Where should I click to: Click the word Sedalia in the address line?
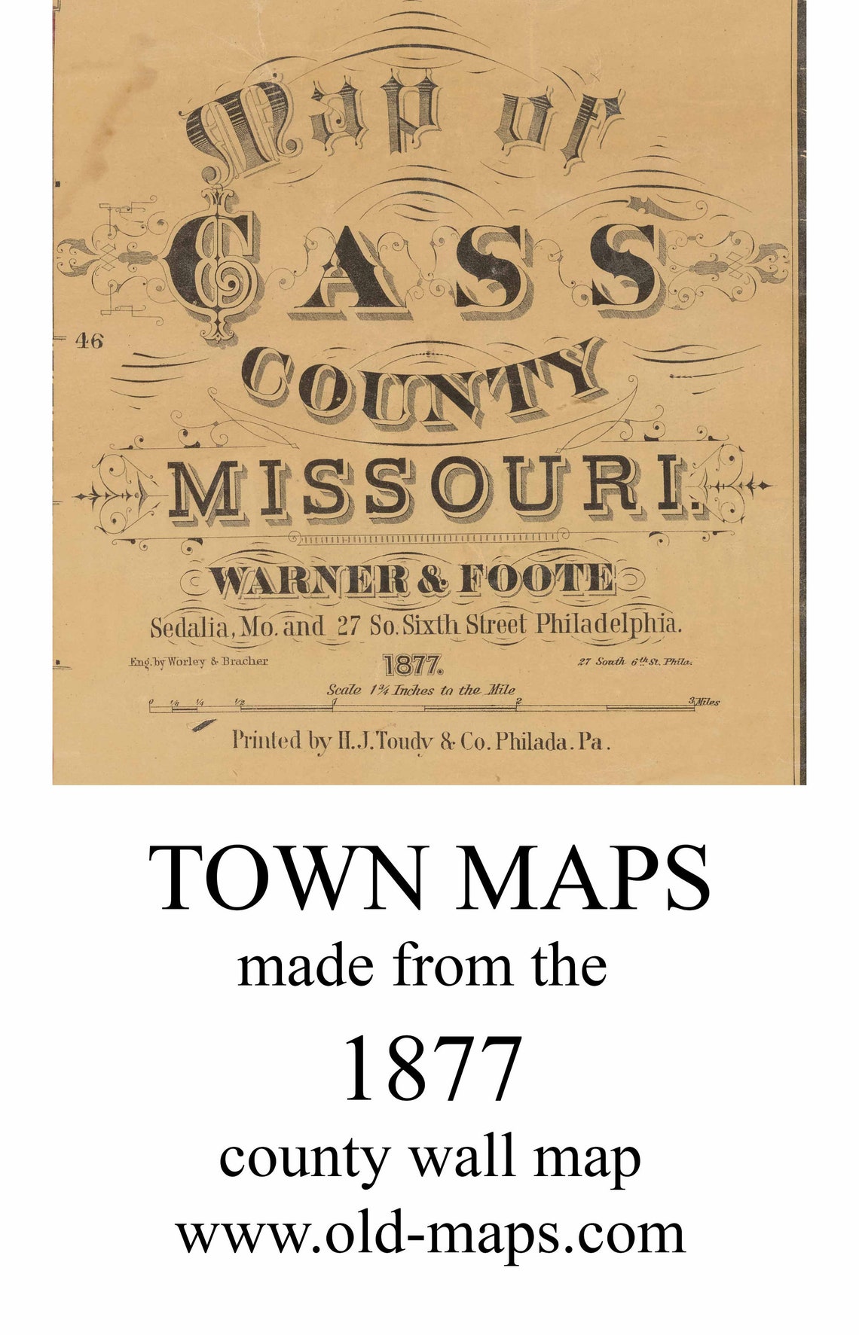click(189, 626)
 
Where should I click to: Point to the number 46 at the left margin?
click(88, 341)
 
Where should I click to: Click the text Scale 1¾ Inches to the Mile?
click(420, 689)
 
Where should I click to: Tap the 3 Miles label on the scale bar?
click(704, 702)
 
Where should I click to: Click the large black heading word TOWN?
click(287, 878)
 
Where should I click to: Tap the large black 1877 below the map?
click(432, 1068)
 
